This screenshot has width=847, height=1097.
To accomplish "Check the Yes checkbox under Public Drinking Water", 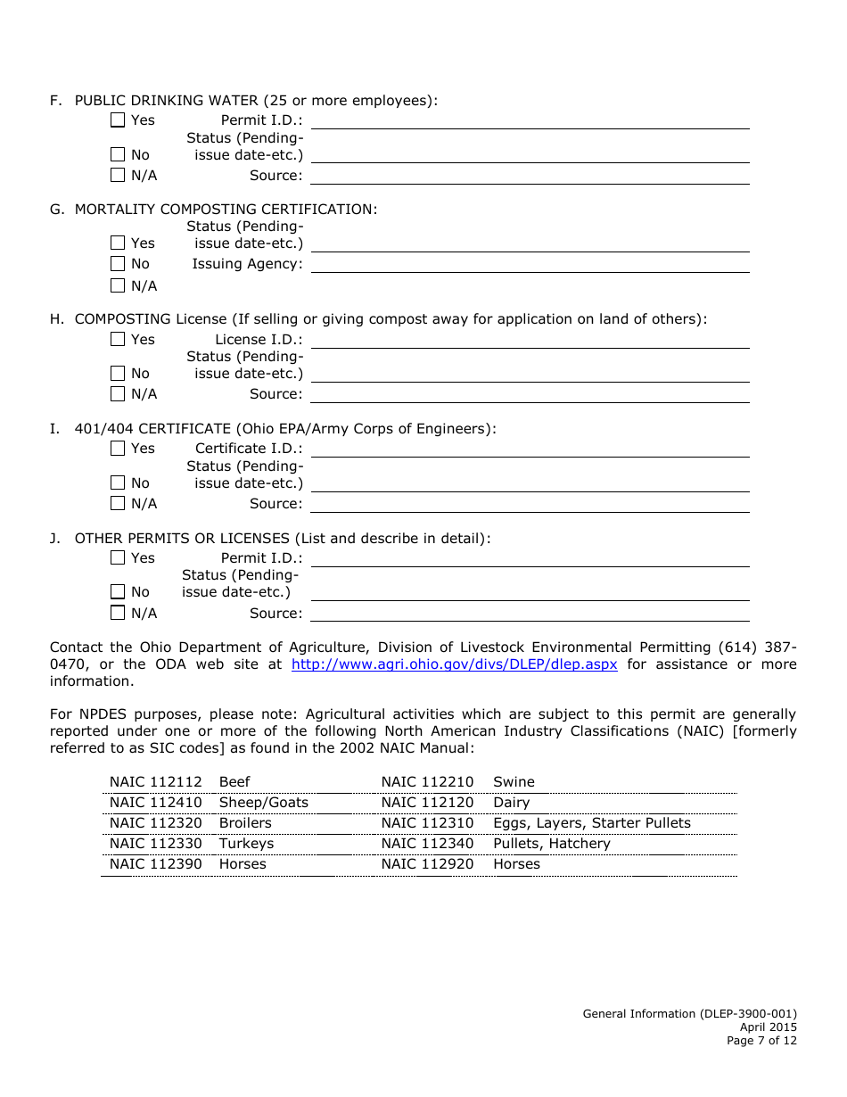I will (x=118, y=120).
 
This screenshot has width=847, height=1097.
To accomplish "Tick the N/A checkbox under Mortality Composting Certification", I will (x=118, y=286).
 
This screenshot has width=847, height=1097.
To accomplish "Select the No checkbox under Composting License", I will (x=118, y=374).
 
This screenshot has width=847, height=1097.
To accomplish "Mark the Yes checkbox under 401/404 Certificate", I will (x=118, y=449).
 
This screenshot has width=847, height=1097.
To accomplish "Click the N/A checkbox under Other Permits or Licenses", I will (x=118, y=614).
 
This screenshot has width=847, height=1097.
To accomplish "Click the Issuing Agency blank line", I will (x=530, y=265).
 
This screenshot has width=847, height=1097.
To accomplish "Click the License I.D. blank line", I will (x=530, y=341).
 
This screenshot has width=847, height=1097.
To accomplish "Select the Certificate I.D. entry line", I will (x=530, y=450).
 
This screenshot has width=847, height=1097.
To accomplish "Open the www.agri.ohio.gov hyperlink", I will (x=454, y=664).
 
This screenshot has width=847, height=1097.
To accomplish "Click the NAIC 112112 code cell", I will (x=156, y=782).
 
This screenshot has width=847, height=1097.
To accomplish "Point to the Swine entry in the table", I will (x=514, y=782).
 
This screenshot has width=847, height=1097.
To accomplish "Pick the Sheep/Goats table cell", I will (x=264, y=803).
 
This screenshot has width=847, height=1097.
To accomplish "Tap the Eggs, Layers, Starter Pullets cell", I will (x=591, y=823).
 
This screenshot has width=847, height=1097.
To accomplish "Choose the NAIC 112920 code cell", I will (x=427, y=864).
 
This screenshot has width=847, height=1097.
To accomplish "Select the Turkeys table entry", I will (x=246, y=844).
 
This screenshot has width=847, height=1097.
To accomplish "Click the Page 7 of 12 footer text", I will (x=761, y=1040).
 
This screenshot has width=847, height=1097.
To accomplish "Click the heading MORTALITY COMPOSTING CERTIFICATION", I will (x=226, y=209).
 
